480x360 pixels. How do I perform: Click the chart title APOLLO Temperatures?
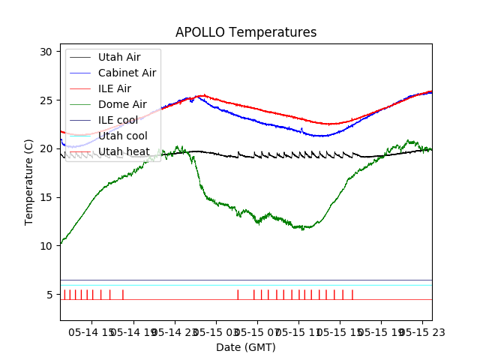click(x=246, y=33)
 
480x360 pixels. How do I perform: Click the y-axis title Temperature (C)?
click(x=29, y=181)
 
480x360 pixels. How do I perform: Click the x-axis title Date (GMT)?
click(x=246, y=347)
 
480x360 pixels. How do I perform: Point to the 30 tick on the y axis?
click(x=46, y=52)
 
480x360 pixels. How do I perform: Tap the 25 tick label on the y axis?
click(x=46, y=100)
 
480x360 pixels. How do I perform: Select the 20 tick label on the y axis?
click(x=46, y=148)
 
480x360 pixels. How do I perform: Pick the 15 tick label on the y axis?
click(x=46, y=197)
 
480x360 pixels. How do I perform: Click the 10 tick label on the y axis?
click(x=46, y=246)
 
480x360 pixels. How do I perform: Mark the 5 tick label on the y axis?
click(x=49, y=295)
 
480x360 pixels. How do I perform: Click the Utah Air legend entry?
click(x=118, y=57)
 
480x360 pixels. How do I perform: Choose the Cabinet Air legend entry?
click(x=127, y=73)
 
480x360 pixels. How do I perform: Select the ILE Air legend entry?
click(x=114, y=88)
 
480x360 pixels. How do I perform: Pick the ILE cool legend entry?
click(x=118, y=120)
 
